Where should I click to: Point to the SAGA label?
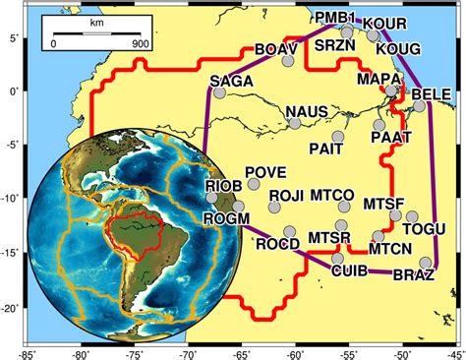[x=231, y=78]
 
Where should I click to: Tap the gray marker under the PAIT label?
[x=338, y=136]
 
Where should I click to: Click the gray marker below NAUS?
[x=295, y=123]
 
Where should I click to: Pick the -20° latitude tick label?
[x=10, y=306]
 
